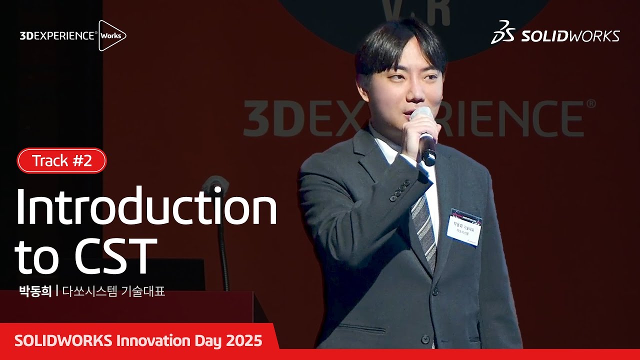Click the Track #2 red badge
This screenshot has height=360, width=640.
click(x=62, y=160)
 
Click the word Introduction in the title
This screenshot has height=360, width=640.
click(x=146, y=207)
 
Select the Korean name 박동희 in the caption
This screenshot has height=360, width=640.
click(x=35, y=291)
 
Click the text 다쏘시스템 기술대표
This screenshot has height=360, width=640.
click(x=113, y=291)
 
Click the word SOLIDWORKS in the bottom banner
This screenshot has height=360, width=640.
click(x=63, y=341)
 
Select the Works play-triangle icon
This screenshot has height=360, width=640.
click(x=111, y=35)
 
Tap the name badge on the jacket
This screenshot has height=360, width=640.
click(x=464, y=227)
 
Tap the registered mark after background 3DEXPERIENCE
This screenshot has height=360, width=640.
click(x=591, y=104)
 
